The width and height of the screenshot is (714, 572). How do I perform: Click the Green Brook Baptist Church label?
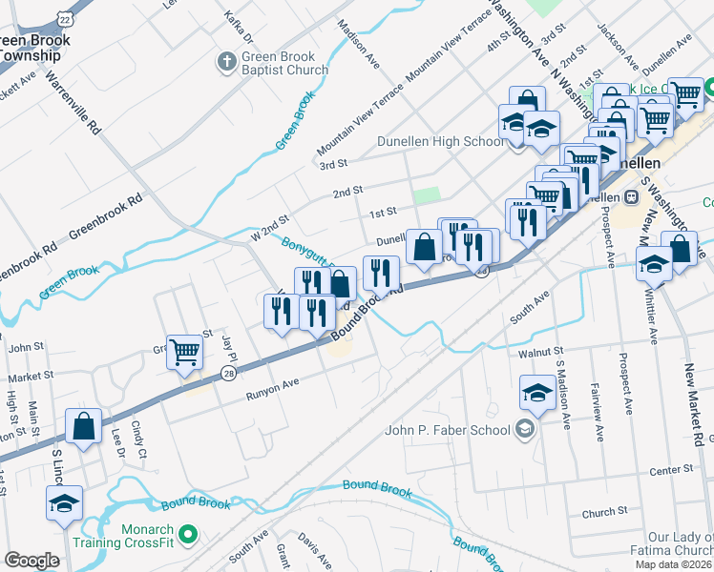click(x=284, y=62)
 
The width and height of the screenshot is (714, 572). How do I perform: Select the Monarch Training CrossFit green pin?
click(x=188, y=536)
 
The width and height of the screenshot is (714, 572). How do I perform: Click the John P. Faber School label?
click(x=447, y=429)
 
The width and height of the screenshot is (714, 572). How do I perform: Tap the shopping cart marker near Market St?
click(x=184, y=351)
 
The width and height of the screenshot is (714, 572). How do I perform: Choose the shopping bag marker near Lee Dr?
click(x=84, y=426)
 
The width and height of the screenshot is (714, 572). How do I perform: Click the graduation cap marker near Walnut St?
click(x=537, y=391)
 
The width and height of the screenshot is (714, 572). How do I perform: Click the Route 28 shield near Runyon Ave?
click(x=228, y=372)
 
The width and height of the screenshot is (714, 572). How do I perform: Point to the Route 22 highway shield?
click(x=65, y=12)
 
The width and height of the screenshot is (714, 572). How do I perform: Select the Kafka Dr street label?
click(x=237, y=27)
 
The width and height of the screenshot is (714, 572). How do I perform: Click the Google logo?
click(x=31, y=560)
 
